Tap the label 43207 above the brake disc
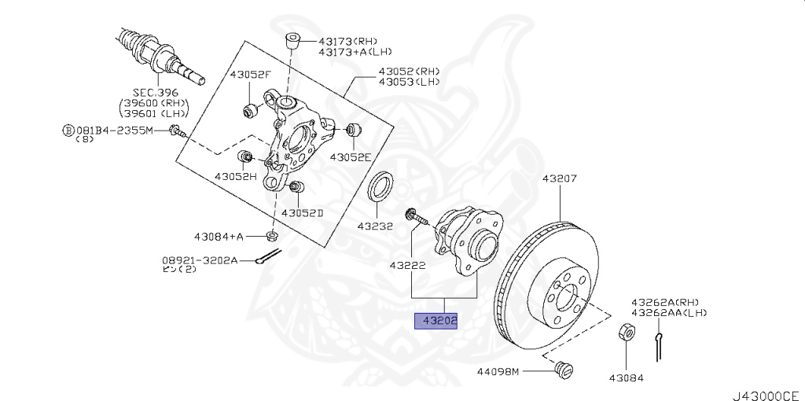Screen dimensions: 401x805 click(559, 178)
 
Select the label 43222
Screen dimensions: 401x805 click(407, 265)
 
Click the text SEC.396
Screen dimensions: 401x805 click(154, 92)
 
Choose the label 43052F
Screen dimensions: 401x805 click(250, 75)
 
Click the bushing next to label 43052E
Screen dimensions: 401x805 click(351, 129)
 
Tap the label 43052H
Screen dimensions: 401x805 click(236, 176)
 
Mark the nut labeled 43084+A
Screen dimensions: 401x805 click(272, 235)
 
